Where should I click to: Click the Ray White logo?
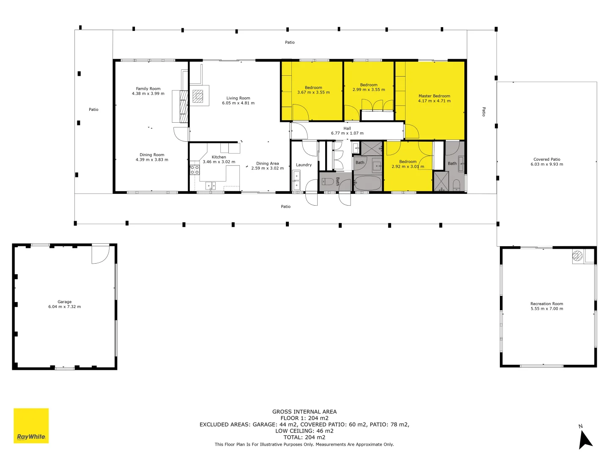pyautogui.click(x=31, y=426)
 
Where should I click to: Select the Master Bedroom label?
pyautogui.click(x=434, y=96)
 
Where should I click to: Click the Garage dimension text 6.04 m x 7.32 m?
pyautogui.click(x=64, y=307)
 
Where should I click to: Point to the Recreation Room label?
pyautogui.click(x=547, y=304)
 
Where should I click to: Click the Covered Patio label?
pyautogui.click(x=547, y=160)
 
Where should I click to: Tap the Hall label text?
pyautogui.click(x=347, y=128)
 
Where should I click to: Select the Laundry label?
pyautogui.click(x=304, y=165)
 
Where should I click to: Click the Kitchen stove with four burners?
pyautogui.click(x=195, y=170)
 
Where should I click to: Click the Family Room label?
pyautogui.click(x=148, y=89)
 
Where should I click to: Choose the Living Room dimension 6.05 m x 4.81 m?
pyautogui.click(x=238, y=103)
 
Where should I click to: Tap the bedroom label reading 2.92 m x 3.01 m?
pyautogui.click(x=408, y=166)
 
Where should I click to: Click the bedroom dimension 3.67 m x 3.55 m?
pyautogui.click(x=313, y=92)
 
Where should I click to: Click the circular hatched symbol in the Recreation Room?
pyautogui.click(x=577, y=256)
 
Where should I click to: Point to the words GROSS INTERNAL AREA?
pyautogui.click(x=304, y=411)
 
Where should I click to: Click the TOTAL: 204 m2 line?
pyautogui.click(x=304, y=437)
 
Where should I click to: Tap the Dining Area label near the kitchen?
pyautogui.click(x=267, y=163)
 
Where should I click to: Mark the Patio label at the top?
pyautogui.click(x=290, y=42)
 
